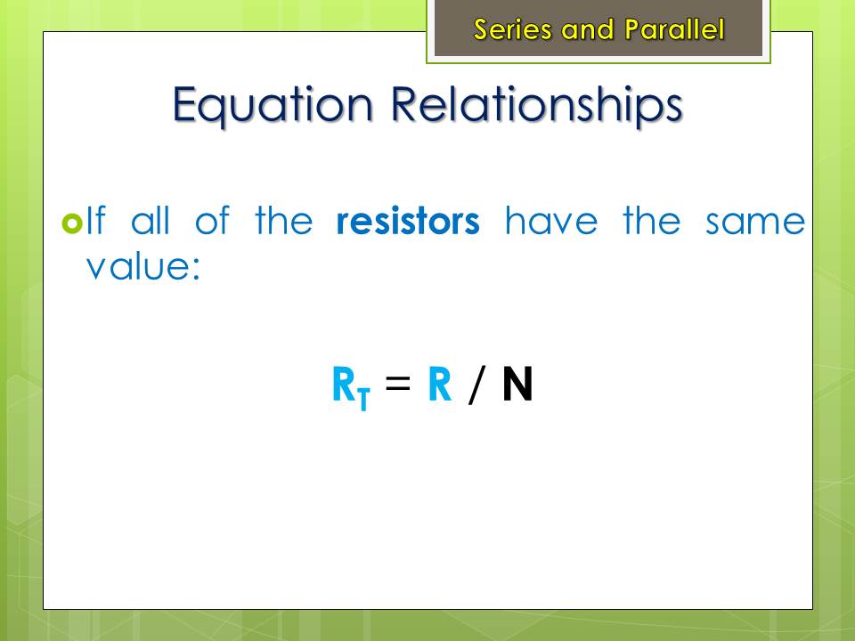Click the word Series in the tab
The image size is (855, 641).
pyautogui.click(x=514, y=29)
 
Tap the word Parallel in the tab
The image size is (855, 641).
pyautogui.click(x=674, y=29)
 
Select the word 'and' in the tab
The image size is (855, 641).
pyautogui.click(x=588, y=30)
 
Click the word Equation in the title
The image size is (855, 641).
pyautogui.click(x=273, y=106)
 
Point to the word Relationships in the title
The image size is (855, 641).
pyautogui.click(x=537, y=106)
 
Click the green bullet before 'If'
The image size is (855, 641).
pyautogui.click(x=72, y=223)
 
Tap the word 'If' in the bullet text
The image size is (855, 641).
pyautogui.click(x=95, y=220)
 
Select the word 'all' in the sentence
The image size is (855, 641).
pyautogui.click(x=151, y=220)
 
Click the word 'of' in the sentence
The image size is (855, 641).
pyautogui.click(x=213, y=220)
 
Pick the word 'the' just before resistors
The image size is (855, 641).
pyautogui.click(x=284, y=220)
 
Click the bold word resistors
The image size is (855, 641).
pyautogui.click(x=408, y=221)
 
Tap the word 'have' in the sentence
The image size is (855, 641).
pyautogui.click(x=551, y=220)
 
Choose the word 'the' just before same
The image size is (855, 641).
pyautogui.click(x=652, y=220)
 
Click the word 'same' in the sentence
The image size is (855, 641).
pyautogui.click(x=755, y=223)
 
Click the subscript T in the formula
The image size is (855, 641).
pyautogui.click(x=364, y=399)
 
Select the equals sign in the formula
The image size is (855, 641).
pyautogui.click(x=397, y=382)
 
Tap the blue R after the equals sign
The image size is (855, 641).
pyautogui.click(x=440, y=384)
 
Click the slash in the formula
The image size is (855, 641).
pyautogui.click(x=476, y=385)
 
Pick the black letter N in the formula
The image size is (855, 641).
pyautogui.click(x=517, y=384)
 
